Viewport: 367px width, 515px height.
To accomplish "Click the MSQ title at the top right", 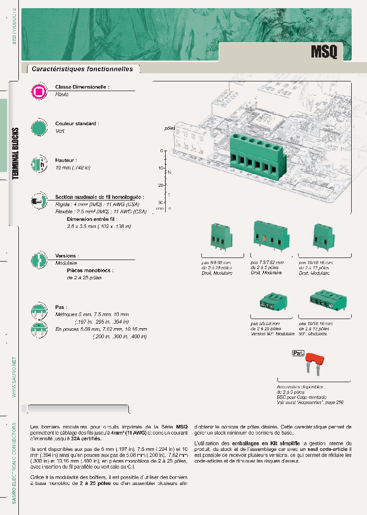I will (324, 52).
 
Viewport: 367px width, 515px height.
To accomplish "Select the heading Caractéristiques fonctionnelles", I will (82, 69).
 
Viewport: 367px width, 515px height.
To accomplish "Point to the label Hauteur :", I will (66, 160).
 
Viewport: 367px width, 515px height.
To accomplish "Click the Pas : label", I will (61, 308).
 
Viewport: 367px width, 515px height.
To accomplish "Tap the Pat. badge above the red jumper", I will (298, 353).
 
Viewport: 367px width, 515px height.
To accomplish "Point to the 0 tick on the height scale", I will (161, 151).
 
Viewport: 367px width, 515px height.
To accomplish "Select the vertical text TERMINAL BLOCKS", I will (16, 153).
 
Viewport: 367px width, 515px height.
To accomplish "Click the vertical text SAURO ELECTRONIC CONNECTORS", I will (14, 464).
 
